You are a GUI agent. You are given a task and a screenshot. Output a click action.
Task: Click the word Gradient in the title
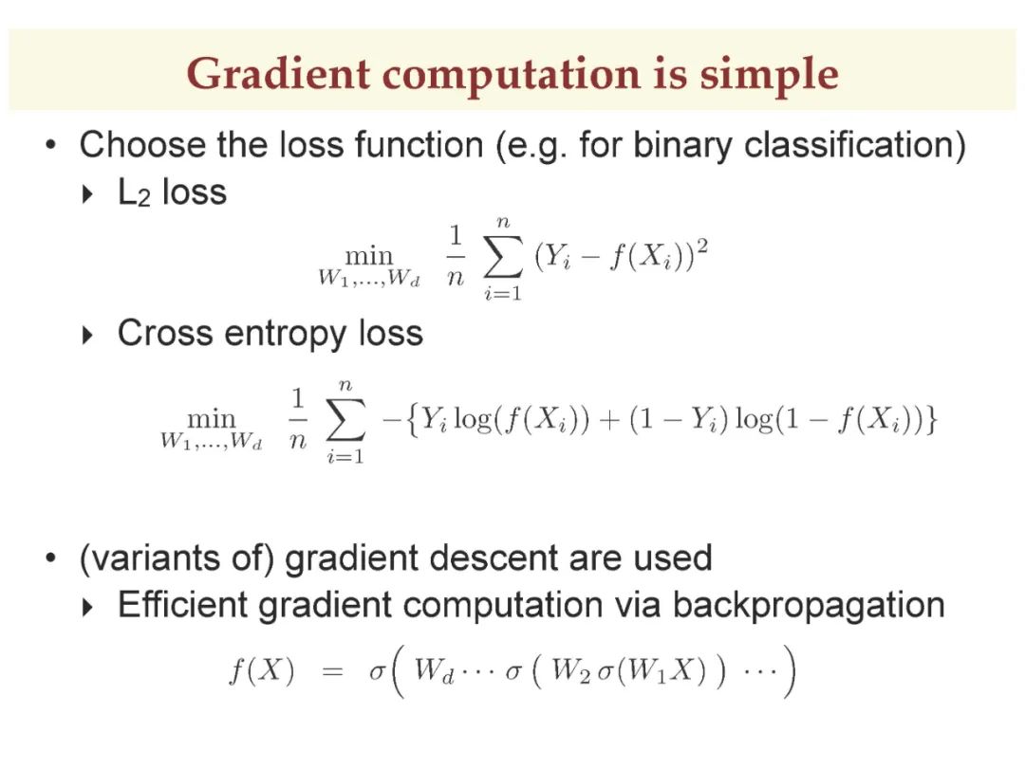coord(278,73)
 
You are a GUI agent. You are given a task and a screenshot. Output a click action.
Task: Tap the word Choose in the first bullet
coord(141,144)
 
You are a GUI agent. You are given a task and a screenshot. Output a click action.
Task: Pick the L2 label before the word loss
coord(134,193)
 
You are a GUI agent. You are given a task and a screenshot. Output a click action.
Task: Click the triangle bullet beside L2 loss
coord(87,194)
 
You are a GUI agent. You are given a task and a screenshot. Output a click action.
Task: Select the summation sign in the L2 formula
coord(503,256)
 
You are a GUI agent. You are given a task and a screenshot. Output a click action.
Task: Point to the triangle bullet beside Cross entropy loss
coord(87,336)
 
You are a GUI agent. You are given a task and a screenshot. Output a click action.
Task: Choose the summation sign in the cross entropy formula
coord(345,419)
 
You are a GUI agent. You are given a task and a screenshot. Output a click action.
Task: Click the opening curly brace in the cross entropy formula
coord(411,419)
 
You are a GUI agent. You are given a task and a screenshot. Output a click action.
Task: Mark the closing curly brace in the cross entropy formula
coord(931,419)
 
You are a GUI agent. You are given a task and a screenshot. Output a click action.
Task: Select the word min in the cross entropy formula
coord(211,418)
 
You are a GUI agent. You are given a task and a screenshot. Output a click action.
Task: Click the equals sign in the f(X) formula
coord(332,671)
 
